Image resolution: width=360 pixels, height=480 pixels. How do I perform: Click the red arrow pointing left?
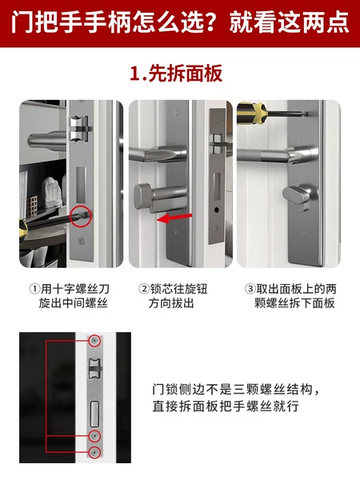[x=174, y=218]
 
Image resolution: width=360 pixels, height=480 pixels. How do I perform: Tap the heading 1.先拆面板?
[x=176, y=74]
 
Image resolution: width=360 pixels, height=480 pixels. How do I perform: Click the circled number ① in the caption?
[x=35, y=289]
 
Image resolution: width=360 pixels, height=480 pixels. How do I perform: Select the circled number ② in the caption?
[x=144, y=289]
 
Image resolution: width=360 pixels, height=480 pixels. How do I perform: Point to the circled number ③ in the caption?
[x=250, y=289]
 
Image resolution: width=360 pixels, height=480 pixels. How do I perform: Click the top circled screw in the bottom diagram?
[x=95, y=340]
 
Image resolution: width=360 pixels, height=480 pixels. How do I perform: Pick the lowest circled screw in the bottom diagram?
[x=95, y=451]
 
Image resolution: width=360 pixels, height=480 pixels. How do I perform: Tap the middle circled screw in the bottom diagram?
[x=95, y=435]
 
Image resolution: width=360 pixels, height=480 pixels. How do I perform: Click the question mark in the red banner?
[x=211, y=22]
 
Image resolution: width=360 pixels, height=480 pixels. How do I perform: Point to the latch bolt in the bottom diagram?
[x=95, y=368]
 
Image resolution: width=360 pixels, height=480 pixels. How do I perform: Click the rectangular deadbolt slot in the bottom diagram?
[x=95, y=414]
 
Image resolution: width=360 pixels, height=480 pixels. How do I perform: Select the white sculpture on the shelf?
[x=52, y=192]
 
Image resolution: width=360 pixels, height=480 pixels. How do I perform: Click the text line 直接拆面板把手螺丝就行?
[x=226, y=406]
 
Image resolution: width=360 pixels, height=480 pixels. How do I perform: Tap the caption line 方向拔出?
[x=171, y=303]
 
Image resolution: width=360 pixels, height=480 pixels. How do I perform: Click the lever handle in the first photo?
[x=46, y=140]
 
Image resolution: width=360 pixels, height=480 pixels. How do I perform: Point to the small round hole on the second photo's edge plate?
[x=217, y=210]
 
